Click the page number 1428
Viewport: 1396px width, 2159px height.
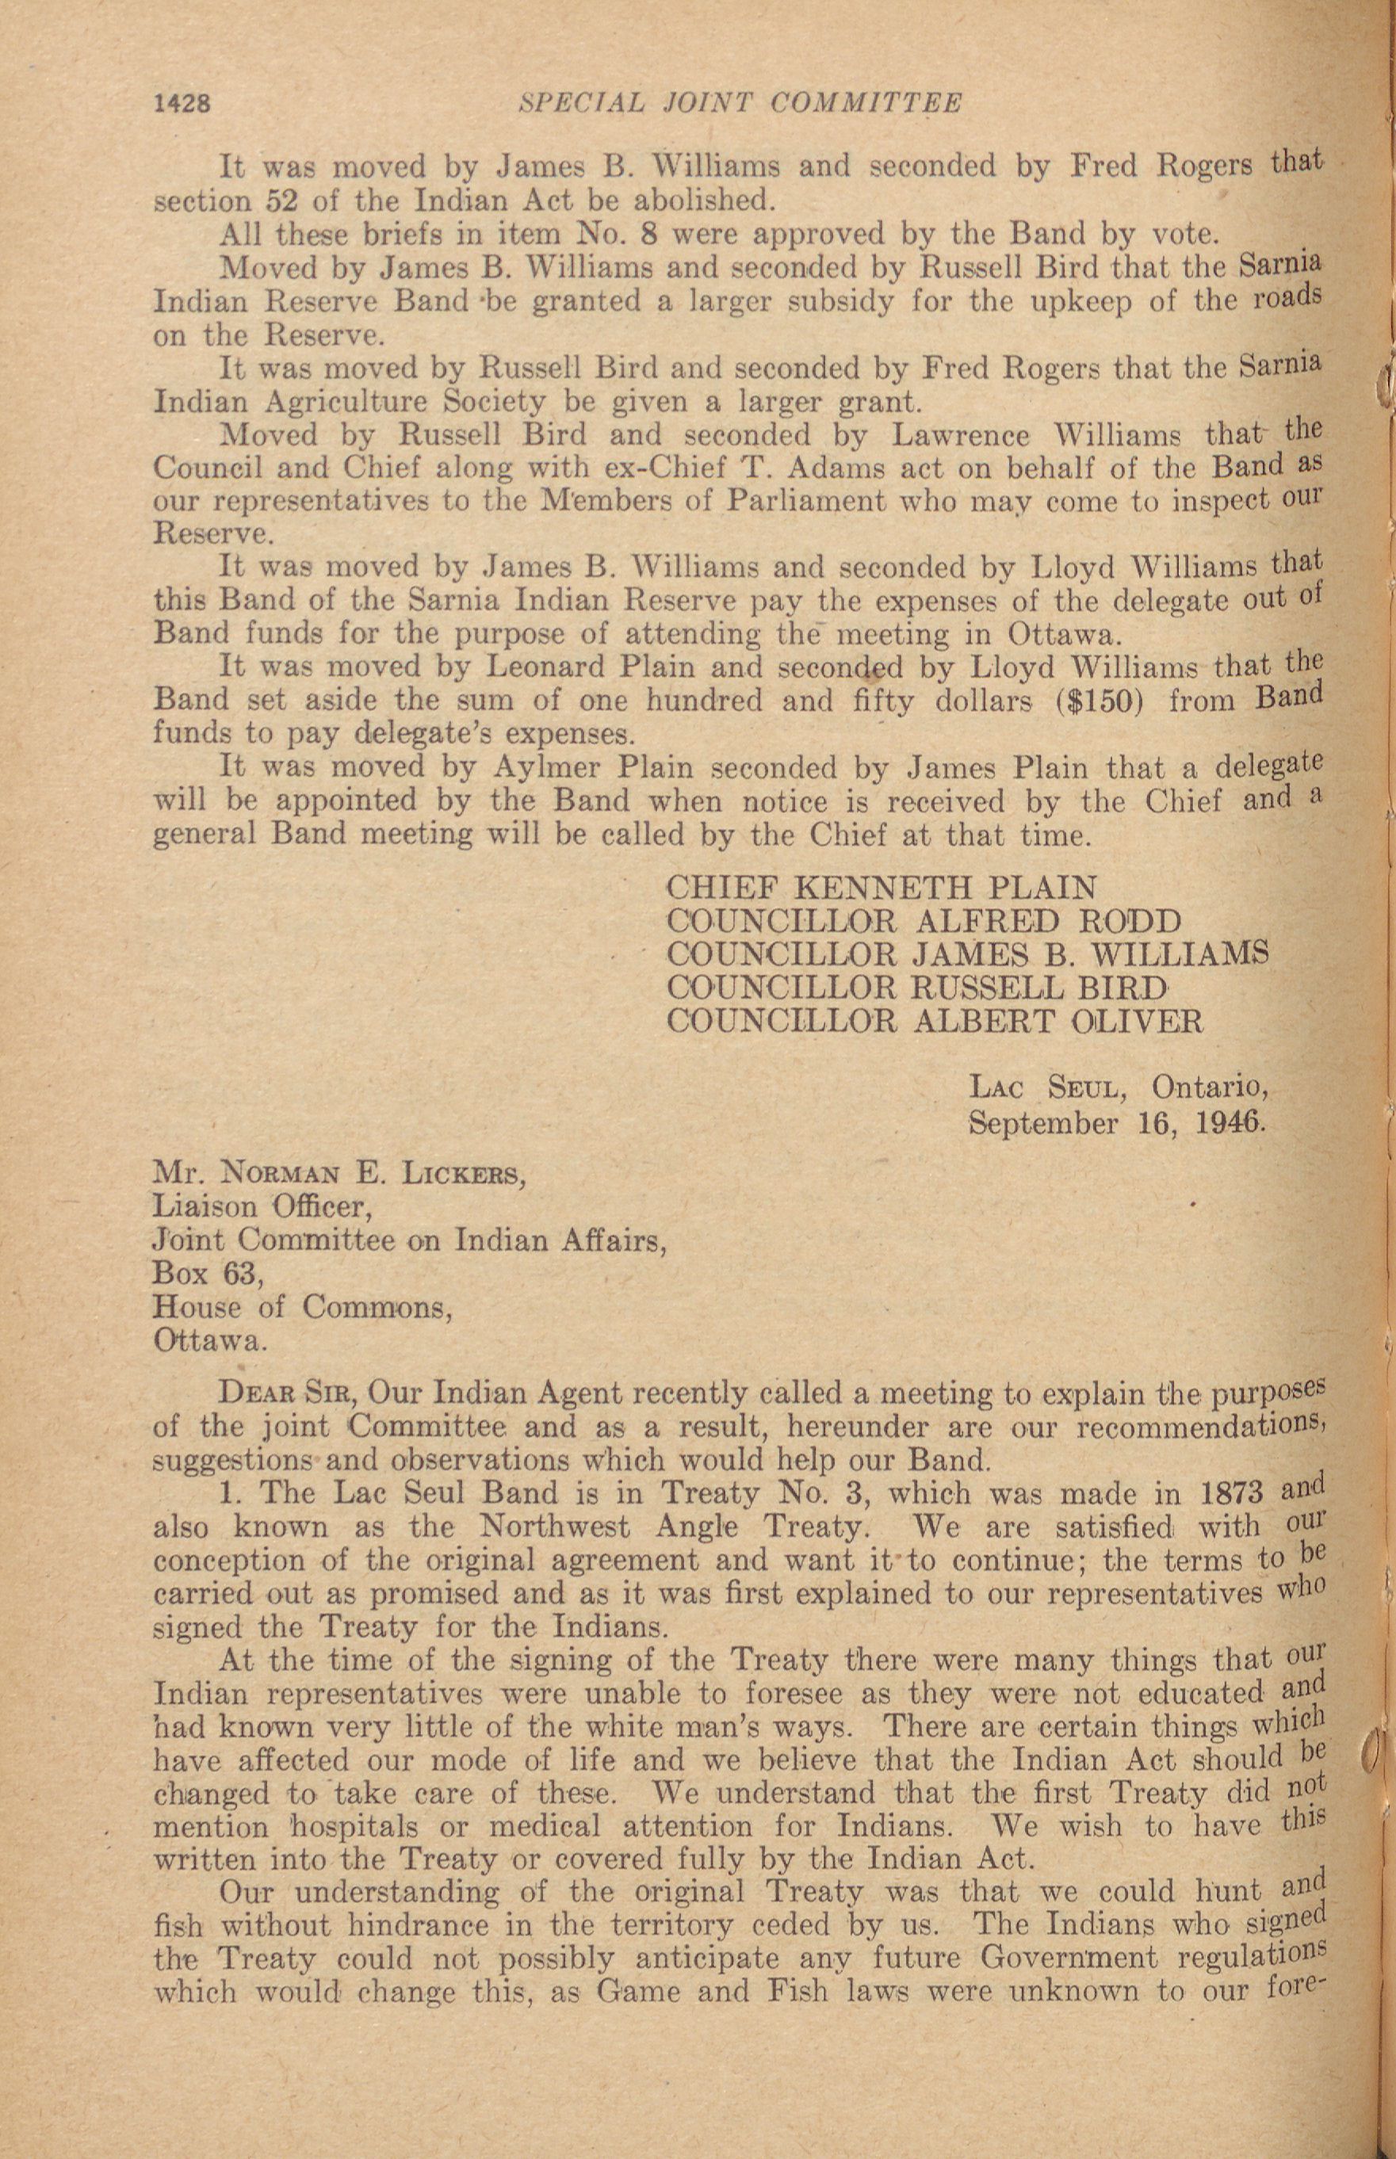coord(183,103)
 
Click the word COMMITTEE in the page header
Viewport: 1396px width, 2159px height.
coord(866,102)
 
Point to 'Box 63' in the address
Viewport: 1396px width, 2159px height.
coord(208,1274)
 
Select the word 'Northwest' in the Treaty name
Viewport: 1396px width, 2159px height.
coord(554,1527)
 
